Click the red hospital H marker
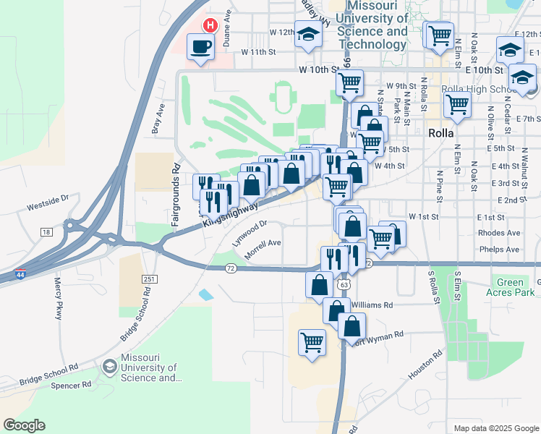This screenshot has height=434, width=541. [210, 25]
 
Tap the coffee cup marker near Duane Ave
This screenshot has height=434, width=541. [200, 48]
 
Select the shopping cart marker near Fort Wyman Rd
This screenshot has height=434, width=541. [312, 341]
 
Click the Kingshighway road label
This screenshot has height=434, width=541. [230, 213]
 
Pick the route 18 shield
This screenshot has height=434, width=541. [46, 231]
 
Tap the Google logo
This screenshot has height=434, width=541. [24, 425]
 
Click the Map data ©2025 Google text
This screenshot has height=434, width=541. [496, 428]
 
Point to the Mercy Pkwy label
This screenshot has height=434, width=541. [58, 300]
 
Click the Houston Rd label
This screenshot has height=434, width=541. [425, 366]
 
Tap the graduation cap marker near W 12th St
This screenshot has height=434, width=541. [308, 35]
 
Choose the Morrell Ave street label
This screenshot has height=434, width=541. [263, 248]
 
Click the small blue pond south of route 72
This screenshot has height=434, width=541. [205, 294]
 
